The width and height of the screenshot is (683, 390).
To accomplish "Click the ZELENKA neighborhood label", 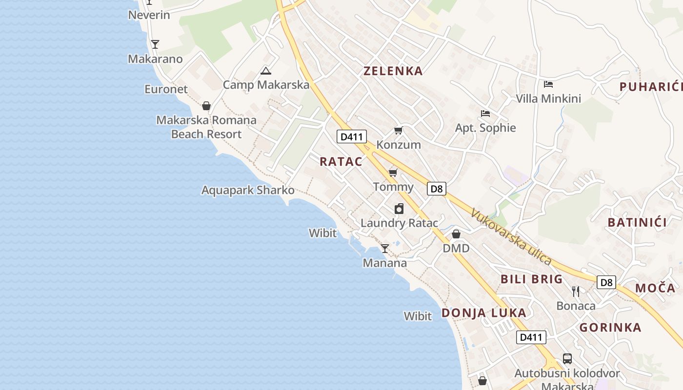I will (x=393, y=71).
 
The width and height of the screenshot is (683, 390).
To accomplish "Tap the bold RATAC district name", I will (x=341, y=162).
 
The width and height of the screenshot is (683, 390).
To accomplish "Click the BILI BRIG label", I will (x=531, y=279).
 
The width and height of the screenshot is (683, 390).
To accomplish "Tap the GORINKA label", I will (x=610, y=328).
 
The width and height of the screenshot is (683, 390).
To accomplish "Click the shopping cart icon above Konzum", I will (x=399, y=130).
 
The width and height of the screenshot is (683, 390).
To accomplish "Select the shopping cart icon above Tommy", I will (x=393, y=173).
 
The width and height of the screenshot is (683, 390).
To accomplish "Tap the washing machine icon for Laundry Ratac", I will (x=399, y=209).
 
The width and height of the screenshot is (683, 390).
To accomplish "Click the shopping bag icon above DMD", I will (x=456, y=234).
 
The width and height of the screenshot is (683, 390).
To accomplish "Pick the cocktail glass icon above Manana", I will (x=385, y=249).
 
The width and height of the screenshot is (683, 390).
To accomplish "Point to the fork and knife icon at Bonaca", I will (x=576, y=292).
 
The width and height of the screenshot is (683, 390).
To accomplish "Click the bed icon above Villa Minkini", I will (x=548, y=84).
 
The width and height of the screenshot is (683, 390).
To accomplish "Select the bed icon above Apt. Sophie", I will (x=485, y=114).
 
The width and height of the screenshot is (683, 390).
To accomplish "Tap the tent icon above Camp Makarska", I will (x=265, y=71).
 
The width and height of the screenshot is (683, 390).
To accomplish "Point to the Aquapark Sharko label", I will (x=248, y=190).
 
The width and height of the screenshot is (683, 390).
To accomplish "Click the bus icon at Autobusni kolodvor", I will (x=567, y=359).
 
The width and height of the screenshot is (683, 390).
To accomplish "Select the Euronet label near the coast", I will (x=166, y=89).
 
